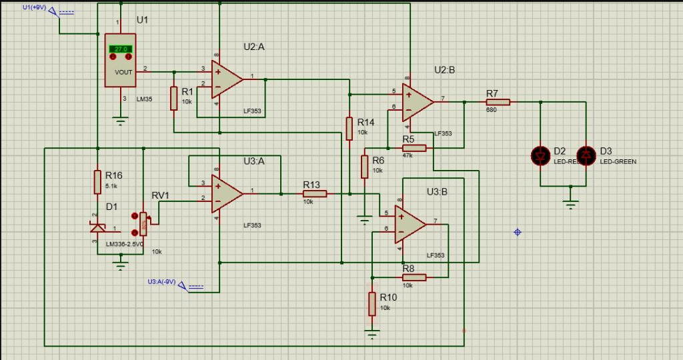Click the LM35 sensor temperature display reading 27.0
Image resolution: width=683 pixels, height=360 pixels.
point(121,49)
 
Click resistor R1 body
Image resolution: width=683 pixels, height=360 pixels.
point(173,98)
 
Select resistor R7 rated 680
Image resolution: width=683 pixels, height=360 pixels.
point(498,102)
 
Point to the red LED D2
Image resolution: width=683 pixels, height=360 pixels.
point(540,156)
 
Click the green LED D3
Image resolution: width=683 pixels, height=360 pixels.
point(586,156)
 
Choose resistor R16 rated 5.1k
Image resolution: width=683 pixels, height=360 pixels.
point(97,181)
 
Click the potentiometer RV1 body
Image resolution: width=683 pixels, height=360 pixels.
point(143,224)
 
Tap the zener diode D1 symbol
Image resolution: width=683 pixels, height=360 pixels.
point(97,229)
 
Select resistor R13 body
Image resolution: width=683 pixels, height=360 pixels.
point(314,193)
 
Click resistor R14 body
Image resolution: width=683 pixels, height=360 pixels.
point(349,128)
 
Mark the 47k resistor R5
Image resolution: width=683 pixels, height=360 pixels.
point(414,147)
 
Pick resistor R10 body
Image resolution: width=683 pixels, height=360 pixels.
point(372,303)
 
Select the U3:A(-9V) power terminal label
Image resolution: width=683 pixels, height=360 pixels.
point(162,282)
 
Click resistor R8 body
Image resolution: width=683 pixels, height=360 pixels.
point(414,277)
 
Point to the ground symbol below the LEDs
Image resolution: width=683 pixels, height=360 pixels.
point(571,203)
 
